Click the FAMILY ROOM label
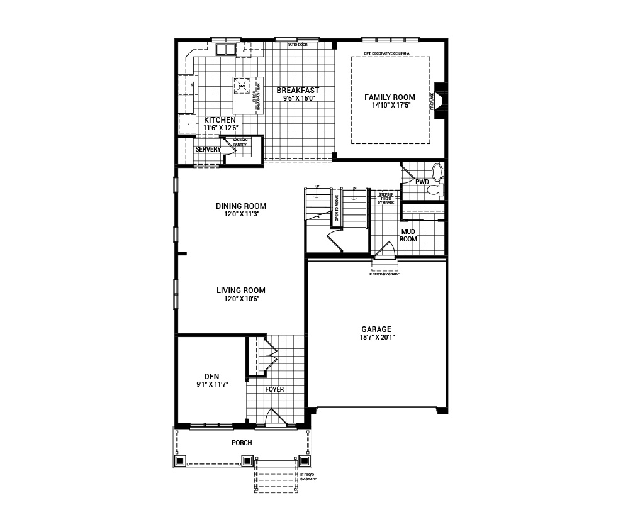(390, 97)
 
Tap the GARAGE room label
(376, 329)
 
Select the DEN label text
(211, 376)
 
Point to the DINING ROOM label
(240, 206)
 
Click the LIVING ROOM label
(240, 291)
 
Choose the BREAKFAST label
(298, 91)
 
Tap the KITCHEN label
(220, 119)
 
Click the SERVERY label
(208, 149)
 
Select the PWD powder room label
(422, 182)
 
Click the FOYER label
(274, 389)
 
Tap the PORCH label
(242, 443)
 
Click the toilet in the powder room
(439, 174)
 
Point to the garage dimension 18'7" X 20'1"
(376, 338)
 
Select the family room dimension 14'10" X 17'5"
(390, 106)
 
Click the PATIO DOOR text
(298, 45)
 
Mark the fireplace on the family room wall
(439, 100)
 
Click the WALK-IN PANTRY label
(240, 143)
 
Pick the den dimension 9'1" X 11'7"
(211, 384)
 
